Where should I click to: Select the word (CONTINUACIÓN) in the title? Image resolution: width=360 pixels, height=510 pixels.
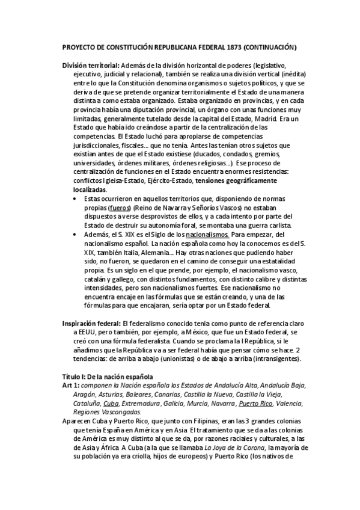tap(270, 46)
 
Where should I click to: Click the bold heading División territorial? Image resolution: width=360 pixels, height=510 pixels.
tap(90, 65)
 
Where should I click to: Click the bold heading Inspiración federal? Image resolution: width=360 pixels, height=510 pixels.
tap(91, 323)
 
